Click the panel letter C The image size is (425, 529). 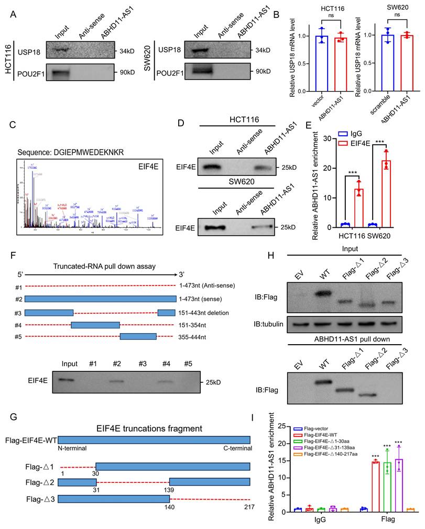(11, 126)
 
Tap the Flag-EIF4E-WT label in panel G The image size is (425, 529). (30, 441)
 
